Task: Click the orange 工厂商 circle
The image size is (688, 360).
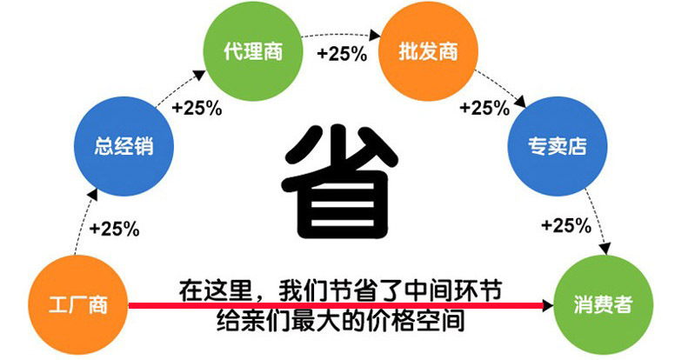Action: [78, 304]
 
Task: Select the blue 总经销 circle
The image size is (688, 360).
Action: [124, 146]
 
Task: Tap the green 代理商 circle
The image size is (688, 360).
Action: [253, 50]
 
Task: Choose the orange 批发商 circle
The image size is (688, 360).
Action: [428, 50]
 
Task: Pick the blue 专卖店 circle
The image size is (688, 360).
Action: [558, 146]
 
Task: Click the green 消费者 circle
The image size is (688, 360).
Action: [604, 304]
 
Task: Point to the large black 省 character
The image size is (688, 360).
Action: [340, 182]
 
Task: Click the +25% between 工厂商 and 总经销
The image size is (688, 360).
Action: [115, 229]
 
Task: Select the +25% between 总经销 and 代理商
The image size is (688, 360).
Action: [197, 108]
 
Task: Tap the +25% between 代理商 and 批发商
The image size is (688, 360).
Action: [342, 54]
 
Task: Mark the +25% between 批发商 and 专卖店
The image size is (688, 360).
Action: [484, 108]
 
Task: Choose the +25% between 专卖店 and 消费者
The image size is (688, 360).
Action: [566, 226]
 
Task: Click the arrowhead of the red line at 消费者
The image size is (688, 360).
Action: [549, 305]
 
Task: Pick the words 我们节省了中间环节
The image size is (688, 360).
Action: [390, 290]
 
